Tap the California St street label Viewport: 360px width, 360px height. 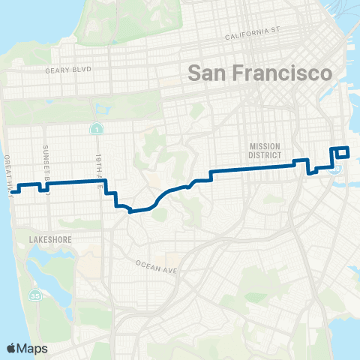point(252,33)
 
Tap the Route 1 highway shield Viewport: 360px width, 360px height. point(97,130)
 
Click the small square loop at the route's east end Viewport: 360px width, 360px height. point(342,152)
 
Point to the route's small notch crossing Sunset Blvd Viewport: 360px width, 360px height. point(43,185)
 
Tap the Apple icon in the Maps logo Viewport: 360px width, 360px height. point(11,347)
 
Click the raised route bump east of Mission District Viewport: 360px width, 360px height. point(300,161)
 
